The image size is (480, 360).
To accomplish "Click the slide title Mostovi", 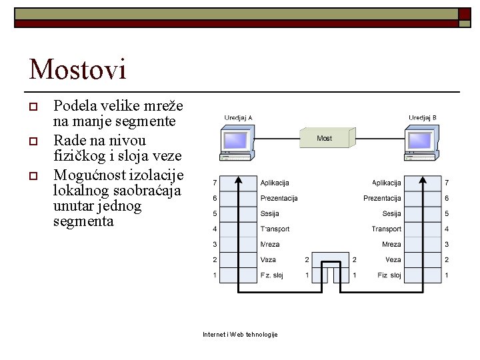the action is tap(77, 69).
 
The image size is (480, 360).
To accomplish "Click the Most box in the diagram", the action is tap(324, 139).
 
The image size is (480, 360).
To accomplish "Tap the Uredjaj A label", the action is tap(238, 117).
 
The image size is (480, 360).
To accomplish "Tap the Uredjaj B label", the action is tap(423, 117).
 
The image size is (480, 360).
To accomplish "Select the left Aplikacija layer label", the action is tap(275, 183).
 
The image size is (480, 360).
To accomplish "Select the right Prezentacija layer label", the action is tap(382, 198).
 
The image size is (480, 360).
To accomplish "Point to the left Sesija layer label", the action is tap(269, 214).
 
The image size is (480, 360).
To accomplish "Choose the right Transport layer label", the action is tap(387, 229).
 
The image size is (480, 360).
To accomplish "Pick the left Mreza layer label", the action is tap(270, 245).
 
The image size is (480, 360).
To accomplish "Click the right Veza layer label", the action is tap(393, 260).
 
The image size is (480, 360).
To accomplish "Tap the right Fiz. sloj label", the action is tap(389, 275).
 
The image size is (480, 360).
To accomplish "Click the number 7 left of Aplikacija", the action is tap(215, 183).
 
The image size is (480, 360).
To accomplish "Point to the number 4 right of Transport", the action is tap(447, 229).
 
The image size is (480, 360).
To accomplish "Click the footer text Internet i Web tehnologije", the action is tap(240, 334).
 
